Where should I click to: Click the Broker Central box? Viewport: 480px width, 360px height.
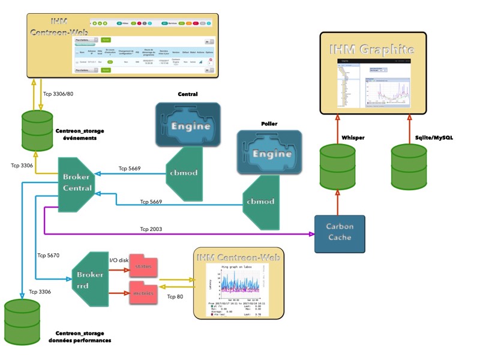tap(77, 183)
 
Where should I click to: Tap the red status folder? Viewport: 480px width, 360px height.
tap(142, 265)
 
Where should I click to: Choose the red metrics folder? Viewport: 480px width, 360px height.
tap(142, 293)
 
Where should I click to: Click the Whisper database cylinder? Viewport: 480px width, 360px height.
tap(337, 166)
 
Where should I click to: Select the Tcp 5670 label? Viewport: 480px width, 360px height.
tap(49, 254)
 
